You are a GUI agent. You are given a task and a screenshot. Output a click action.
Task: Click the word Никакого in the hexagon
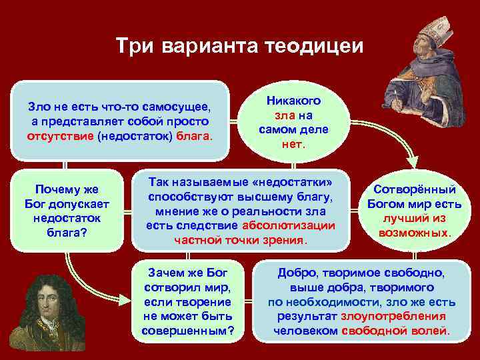click(x=293, y=101)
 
